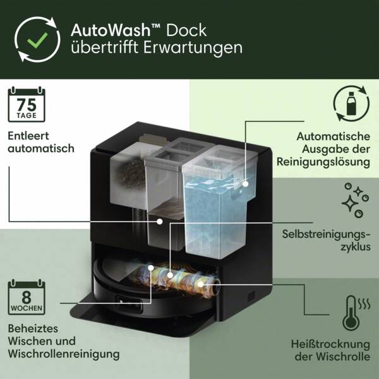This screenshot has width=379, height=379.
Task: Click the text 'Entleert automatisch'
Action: pyautogui.click(x=41, y=142)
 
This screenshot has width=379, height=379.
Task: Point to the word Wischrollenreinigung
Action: pyautogui.click(x=64, y=354)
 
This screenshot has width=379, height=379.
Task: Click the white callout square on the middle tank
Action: pyautogui.click(x=160, y=221)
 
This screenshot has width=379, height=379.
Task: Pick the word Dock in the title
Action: pyautogui.click(x=189, y=30)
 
